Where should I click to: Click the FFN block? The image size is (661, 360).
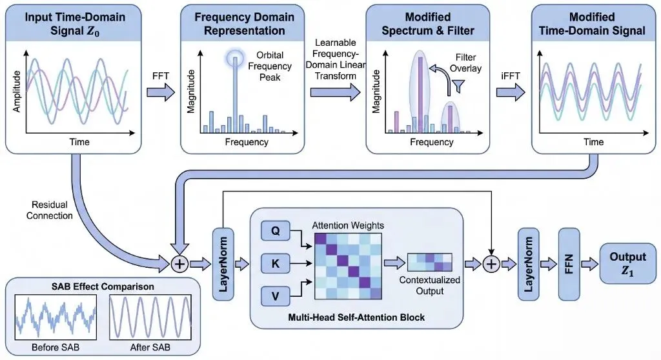coord(570,264)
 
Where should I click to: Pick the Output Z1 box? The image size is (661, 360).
coord(623,264)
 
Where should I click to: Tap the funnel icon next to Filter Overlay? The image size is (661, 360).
coord(460,86)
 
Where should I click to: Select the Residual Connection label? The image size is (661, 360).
coord(49,210)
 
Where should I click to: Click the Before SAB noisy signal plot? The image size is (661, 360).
coord(56,315)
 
